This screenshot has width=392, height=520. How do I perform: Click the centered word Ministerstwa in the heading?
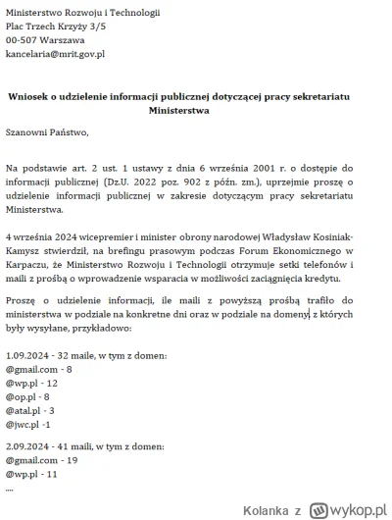[195, 110]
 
